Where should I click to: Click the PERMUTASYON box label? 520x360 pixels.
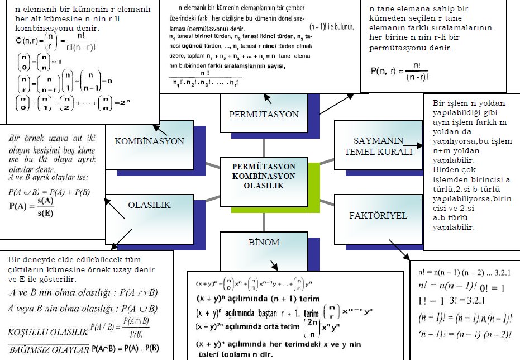pyautogui.click(x=264, y=114)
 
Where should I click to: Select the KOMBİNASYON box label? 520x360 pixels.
pyautogui.click(x=149, y=141)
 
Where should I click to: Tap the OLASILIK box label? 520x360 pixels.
pyautogui.click(x=149, y=205)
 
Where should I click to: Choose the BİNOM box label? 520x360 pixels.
pyautogui.click(x=264, y=243)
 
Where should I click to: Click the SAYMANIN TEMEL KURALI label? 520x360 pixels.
pyautogui.click(x=378, y=146)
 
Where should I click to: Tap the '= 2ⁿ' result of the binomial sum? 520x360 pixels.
pyautogui.click(x=114, y=104)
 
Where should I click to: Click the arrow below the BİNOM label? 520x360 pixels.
pyautogui.click(x=273, y=264)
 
